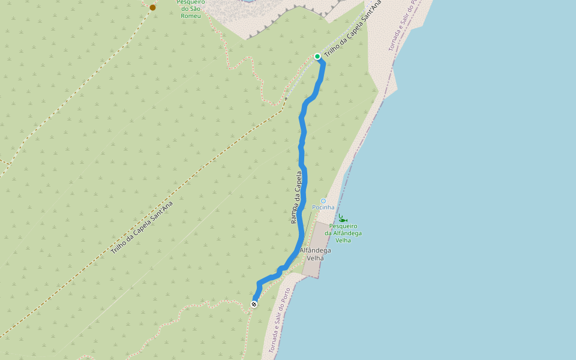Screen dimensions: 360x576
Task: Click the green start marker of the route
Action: coord(317,56)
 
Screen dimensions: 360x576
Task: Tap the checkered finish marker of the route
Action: coord(254,304)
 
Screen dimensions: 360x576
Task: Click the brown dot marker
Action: coord(152,7)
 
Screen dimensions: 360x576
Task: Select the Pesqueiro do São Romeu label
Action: coord(191,8)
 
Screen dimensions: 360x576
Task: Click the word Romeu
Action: coord(191,15)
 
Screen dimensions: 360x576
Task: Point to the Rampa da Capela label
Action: coord(296,197)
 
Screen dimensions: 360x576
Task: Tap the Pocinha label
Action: coord(323,208)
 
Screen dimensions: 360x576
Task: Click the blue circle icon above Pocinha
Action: coord(323,201)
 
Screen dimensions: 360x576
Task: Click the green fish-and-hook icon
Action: coord(342,219)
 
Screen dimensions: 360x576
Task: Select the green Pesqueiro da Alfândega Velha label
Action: coord(343,233)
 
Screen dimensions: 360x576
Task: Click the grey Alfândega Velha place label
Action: coord(315,254)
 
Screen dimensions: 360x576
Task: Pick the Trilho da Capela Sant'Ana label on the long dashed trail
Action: coord(142,227)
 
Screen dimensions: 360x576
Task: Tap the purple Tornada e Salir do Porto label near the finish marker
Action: coord(280,319)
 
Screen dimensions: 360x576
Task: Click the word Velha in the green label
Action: coord(343,240)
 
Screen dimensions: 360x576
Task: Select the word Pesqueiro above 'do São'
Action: coord(191,2)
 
